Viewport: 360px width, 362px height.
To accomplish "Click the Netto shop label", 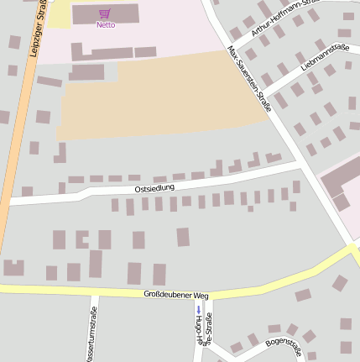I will coord(105,25).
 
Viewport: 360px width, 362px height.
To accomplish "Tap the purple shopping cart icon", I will coord(105,13).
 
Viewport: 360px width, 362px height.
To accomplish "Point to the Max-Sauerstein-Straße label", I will coord(250,79).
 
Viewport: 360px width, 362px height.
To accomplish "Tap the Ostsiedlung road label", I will coord(154,188).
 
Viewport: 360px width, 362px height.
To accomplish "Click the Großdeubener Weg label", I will coord(175,295).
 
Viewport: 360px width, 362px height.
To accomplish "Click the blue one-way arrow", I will coord(198,309).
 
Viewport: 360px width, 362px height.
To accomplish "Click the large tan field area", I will coord(168,101).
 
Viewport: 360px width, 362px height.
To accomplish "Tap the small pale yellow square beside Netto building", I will coord(59,14).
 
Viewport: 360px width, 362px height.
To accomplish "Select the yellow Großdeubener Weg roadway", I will coord(84,291).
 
